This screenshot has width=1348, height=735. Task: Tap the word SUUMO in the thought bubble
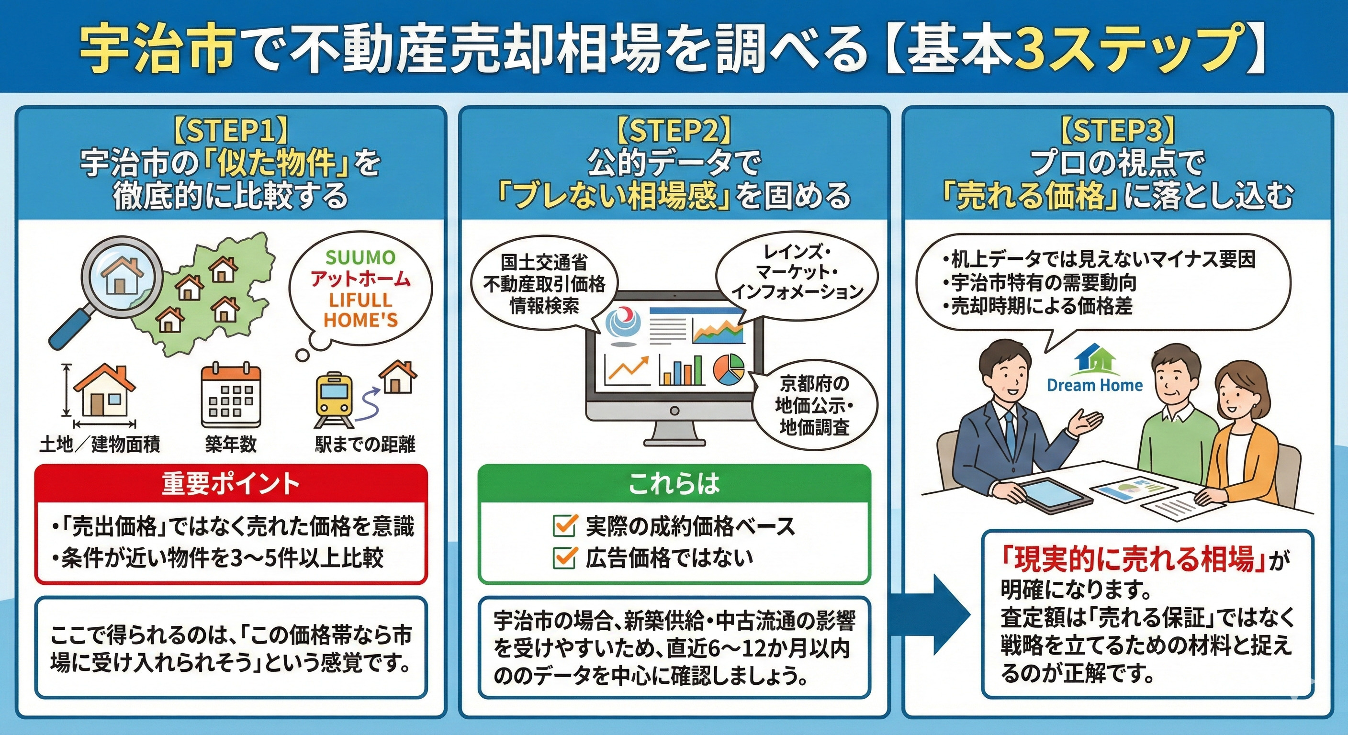coord(360,257)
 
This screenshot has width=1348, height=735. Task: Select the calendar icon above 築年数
coord(231,396)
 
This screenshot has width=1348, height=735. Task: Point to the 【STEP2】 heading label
coord(674,131)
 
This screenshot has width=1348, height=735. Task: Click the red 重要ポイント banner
coord(231,484)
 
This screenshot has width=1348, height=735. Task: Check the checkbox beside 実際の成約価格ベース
coord(565,525)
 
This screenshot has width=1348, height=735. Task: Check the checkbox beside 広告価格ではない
coord(565,557)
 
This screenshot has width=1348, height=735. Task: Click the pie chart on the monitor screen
coord(729,369)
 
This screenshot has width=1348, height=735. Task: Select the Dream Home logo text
coord(1095,386)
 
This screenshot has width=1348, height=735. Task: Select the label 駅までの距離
coord(365,444)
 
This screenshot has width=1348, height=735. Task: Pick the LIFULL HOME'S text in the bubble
coord(360,310)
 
